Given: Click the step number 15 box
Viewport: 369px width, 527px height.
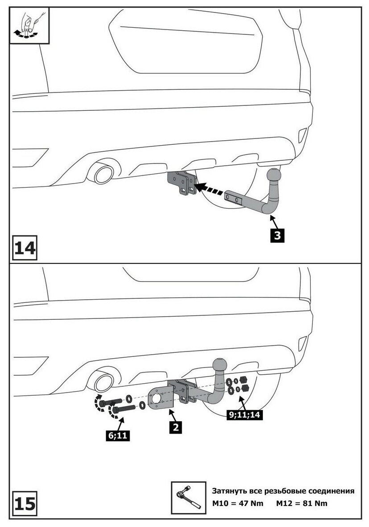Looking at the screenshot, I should tap(25, 504).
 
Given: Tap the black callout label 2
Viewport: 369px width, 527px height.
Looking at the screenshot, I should tap(176, 427).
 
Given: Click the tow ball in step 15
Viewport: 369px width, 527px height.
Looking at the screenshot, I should tap(221, 364).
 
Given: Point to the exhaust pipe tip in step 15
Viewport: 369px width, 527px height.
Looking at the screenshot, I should tap(102, 382).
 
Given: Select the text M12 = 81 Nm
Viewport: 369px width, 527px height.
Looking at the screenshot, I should tap(302, 503).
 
